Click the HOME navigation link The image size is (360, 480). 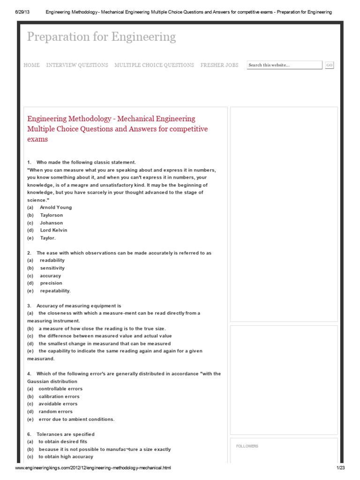[x=31, y=65]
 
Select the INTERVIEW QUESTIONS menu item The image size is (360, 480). [x=77, y=65]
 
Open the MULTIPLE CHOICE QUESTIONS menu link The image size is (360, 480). [x=154, y=65]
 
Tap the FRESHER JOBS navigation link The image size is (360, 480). [x=219, y=65]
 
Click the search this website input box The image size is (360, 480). [x=284, y=65]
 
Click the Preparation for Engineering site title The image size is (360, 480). [x=101, y=37]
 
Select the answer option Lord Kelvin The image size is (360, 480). [x=53, y=230]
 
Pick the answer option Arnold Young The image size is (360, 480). [x=56, y=207]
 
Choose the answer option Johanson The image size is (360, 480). [x=51, y=223]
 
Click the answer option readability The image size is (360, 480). [x=52, y=260]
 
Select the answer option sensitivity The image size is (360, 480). [x=52, y=268]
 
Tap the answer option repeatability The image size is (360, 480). [x=55, y=291]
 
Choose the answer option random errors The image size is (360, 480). [x=55, y=412]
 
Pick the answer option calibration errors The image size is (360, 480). [x=59, y=396]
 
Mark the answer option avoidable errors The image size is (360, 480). [x=58, y=404]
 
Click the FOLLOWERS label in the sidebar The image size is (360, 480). [x=247, y=446]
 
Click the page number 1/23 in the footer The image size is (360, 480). [x=340, y=468]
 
